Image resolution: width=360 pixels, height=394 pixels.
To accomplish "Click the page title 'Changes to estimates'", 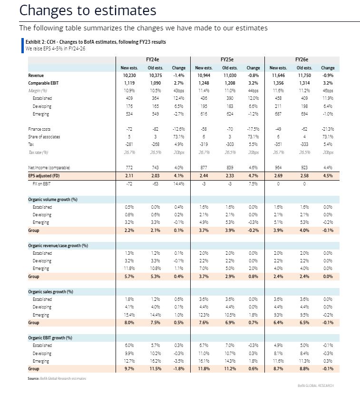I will click(88, 10).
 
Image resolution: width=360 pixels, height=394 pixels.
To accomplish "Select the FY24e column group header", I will click(153, 60).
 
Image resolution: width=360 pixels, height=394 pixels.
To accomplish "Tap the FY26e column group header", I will click(302, 60).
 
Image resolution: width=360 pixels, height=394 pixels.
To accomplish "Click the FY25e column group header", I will click(227, 60).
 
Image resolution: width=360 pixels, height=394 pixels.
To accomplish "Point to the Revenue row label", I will click(36, 76).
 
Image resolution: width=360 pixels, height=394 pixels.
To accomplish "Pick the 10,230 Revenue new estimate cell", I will click(130, 76).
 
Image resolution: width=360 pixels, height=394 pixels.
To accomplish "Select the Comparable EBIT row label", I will click(43, 83).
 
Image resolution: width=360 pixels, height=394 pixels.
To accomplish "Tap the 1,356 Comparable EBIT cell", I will click(279, 83).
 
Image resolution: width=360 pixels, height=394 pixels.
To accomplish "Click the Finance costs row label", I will click(39, 129).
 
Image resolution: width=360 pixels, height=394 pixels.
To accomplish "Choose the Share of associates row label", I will click(44, 137).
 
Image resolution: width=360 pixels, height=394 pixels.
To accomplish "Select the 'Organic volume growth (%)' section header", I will click(52, 200).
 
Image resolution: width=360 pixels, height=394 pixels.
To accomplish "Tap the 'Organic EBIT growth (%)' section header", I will click(50, 338).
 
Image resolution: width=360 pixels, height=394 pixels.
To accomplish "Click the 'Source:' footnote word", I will click(33, 378).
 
